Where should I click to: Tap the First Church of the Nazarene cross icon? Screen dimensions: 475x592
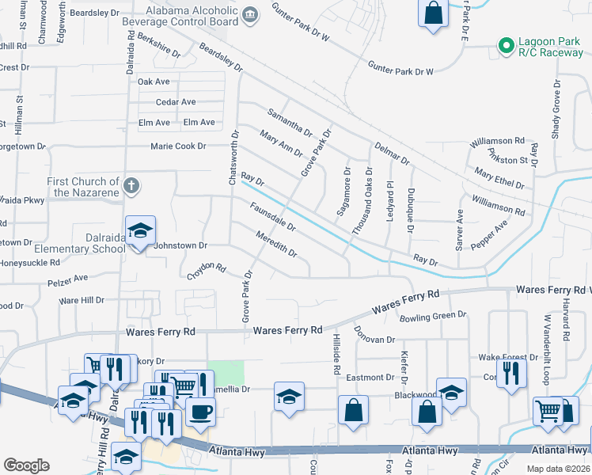pyautogui.click(x=131, y=187)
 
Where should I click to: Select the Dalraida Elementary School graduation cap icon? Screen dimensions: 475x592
pyautogui.click(x=140, y=230)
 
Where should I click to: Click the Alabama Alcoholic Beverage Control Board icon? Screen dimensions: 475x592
pyautogui.click(x=250, y=14)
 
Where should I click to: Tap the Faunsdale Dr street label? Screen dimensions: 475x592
pyautogui.click(x=272, y=216)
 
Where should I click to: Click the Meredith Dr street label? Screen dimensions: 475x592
pyautogui.click(x=276, y=243)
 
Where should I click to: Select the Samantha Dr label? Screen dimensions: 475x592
pyautogui.click(x=290, y=121)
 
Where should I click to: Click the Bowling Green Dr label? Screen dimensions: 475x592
pyautogui.click(x=433, y=315)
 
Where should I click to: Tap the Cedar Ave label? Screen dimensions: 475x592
pyautogui.click(x=176, y=102)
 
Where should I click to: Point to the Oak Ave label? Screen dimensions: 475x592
pyautogui.click(x=154, y=82)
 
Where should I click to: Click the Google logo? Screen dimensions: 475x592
pyautogui.click(x=26, y=465)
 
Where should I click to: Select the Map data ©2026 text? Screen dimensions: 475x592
pyautogui.click(x=557, y=468)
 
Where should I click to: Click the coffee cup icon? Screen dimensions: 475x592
pyautogui.click(x=200, y=412)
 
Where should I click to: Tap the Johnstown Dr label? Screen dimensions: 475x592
pyautogui.click(x=180, y=245)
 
